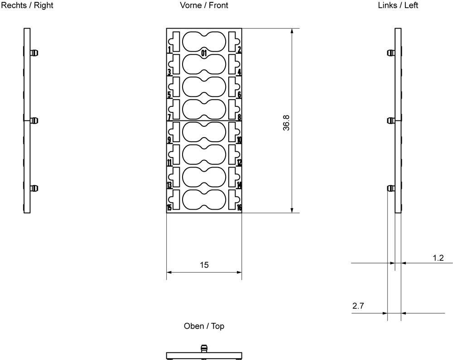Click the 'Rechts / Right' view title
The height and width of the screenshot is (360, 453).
coord(27,5)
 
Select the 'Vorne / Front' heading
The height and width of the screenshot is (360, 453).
coord(204,5)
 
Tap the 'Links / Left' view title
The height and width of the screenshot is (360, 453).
coord(398,5)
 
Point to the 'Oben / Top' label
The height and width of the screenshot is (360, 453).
coord(204,326)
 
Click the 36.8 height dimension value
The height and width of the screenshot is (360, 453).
coord(286,123)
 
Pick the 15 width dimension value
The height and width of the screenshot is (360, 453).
coord(204,265)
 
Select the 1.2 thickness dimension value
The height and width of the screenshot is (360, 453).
coord(438,258)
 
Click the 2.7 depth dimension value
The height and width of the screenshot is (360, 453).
coord(358,306)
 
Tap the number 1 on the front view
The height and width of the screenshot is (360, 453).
coord(169,50)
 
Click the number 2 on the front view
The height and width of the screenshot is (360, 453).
coord(239,50)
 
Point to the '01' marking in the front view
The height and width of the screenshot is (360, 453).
coord(204,53)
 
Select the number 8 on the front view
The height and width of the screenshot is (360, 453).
coord(239,117)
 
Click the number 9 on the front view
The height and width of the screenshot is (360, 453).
coord(169,140)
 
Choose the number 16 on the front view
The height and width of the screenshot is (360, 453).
coord(239,207)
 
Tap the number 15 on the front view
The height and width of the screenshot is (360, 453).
coord(169,207)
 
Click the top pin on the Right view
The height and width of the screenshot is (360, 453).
coord(34,53)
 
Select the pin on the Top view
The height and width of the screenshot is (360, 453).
coord(204,349)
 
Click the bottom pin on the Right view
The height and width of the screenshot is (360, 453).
coord(34,188)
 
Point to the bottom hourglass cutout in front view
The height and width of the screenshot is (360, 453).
coord(204,200)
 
